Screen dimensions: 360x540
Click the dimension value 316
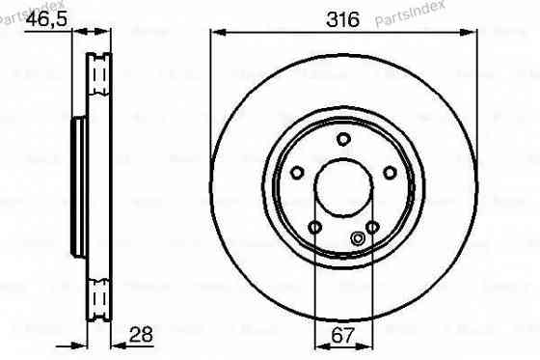pyautogui.click(x=344, y=19)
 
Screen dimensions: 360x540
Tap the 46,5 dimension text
pyautogui.click(x=46, y=19)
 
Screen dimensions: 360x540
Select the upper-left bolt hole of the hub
pyautogui.click(x=298, y=173)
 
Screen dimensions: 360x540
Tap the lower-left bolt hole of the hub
pyautogui.click(x=315, y=227)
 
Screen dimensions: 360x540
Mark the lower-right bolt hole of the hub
pyautogui.click(x=373, y=227)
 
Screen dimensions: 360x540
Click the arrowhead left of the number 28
pyautogui.click(x=117, y=346)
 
